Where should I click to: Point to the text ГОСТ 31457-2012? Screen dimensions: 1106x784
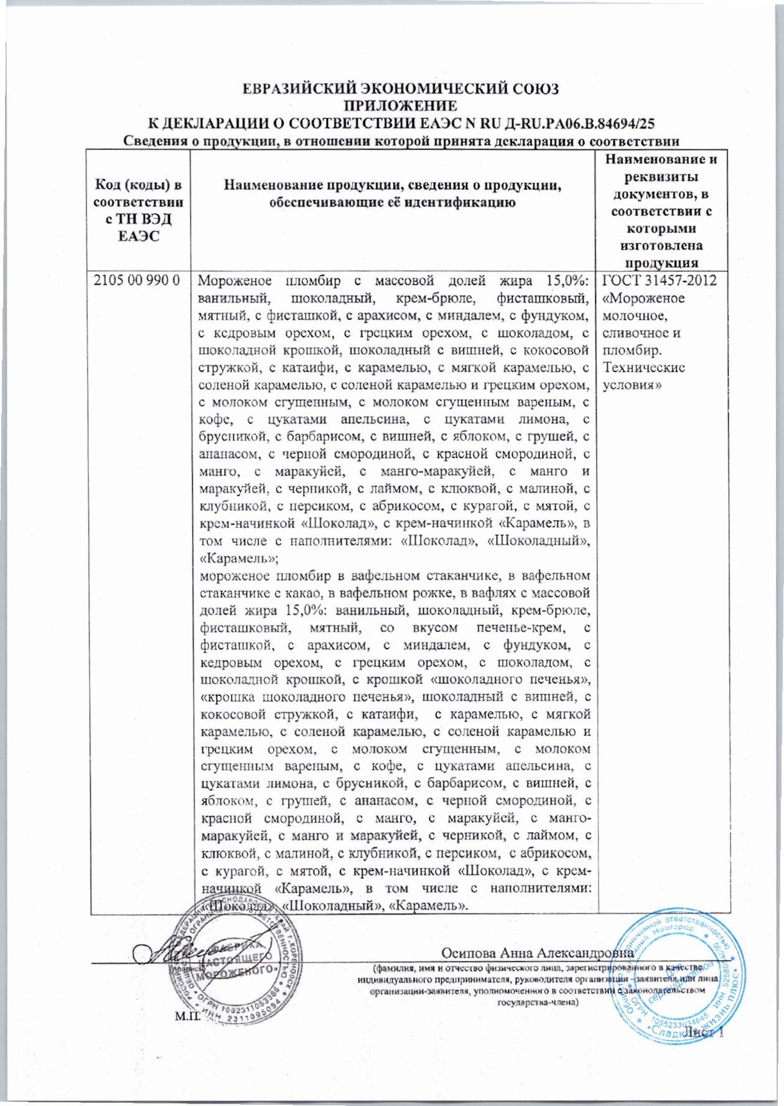tap(660, 280)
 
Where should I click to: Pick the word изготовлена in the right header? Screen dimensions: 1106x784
tap(661, 245)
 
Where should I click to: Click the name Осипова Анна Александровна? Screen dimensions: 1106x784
tap(537, 953)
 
